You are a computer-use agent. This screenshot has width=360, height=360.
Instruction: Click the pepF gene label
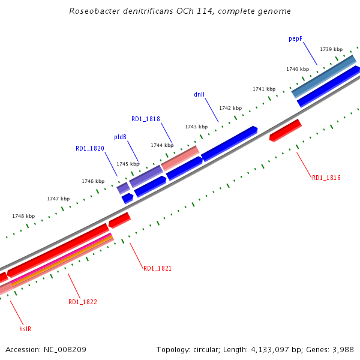295,38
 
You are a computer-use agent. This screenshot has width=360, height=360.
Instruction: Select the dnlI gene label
199,94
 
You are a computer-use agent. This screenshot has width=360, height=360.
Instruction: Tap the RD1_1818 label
146,119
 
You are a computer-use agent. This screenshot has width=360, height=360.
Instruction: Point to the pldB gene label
120,137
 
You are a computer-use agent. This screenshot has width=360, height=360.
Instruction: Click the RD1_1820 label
90,148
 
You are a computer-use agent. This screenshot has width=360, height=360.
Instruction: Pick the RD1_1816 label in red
326,178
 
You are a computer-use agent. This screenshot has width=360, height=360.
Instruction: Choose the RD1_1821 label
158,268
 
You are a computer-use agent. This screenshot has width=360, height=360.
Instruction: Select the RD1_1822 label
83,302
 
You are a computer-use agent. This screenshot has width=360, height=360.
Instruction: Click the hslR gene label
25,329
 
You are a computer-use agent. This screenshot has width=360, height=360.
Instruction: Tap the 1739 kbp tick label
331,49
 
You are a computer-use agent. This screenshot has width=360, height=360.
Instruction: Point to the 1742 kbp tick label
230,108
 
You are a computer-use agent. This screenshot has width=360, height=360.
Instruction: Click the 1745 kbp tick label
128,164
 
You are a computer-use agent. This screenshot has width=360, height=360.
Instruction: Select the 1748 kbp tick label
23,216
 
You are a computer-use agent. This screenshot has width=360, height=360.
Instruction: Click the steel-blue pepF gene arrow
324,76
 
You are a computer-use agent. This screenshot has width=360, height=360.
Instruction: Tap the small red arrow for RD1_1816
286,130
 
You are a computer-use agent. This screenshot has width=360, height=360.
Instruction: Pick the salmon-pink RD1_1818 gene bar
179,158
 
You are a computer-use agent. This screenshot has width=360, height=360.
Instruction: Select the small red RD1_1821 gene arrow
119,220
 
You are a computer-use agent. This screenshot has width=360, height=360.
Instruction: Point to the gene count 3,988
341,349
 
